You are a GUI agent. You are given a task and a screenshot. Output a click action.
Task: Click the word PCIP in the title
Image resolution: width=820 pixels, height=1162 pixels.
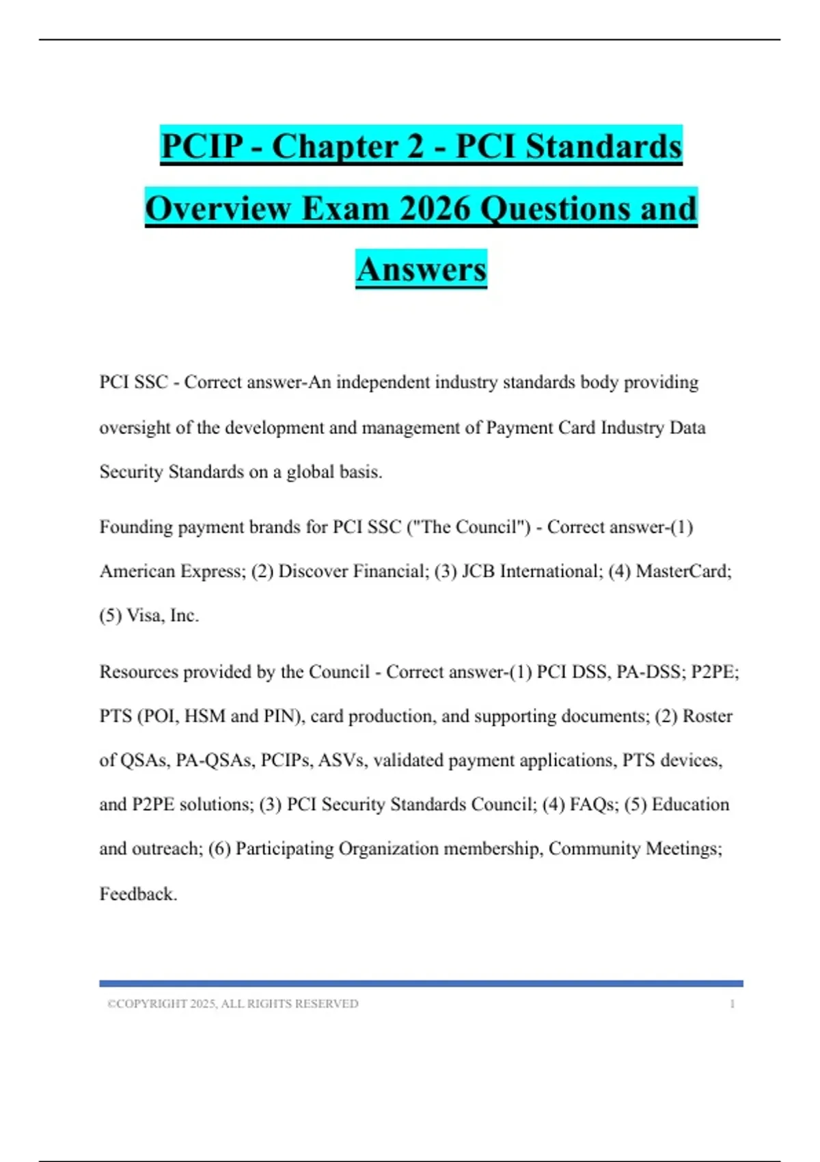click(202, 146)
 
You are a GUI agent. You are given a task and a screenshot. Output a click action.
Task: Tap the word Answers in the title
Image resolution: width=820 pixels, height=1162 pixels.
click(421, 269)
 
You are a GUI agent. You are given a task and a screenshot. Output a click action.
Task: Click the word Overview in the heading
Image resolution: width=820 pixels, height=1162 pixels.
click(218, 208)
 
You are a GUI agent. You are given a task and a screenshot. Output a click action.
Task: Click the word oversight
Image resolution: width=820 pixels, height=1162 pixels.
click(134, 428)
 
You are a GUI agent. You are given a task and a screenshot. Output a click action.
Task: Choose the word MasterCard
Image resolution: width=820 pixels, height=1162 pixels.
click(683, 571)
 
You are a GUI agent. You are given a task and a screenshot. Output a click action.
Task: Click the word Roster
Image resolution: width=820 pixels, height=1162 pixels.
click(707, 716)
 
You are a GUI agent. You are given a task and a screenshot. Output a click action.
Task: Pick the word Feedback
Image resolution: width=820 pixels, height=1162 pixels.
click(138, 894)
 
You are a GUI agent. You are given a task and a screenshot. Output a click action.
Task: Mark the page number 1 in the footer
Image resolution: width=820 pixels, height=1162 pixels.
click(733, 1004)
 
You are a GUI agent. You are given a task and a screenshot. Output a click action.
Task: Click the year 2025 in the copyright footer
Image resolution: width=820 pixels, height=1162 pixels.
click(203, 1004)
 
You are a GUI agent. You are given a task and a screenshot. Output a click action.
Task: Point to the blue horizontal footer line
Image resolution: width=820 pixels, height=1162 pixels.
click(421, 984)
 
